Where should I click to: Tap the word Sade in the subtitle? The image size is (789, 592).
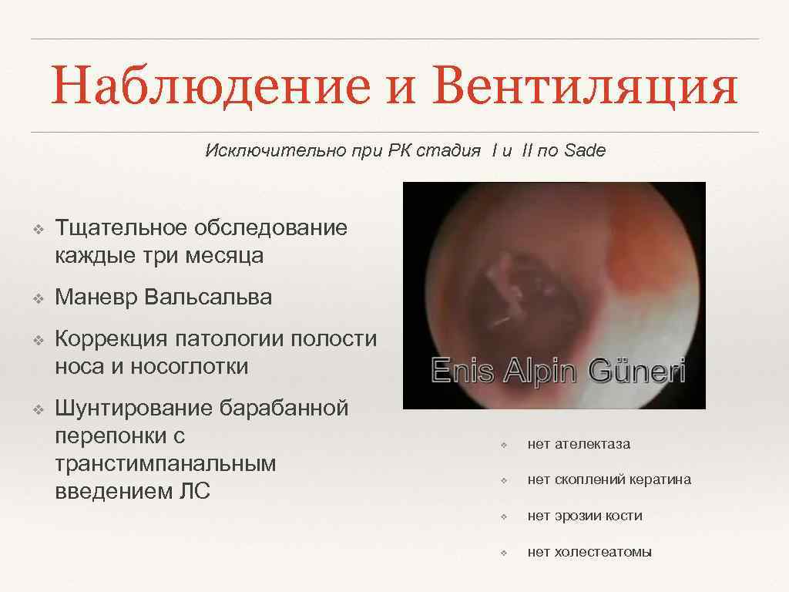tap(585, 150)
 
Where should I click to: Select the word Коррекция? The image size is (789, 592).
tap(111, 339)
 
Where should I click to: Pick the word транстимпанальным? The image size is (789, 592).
tap(166, 463)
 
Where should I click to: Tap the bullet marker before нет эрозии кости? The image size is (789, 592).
tap(502, 516)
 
